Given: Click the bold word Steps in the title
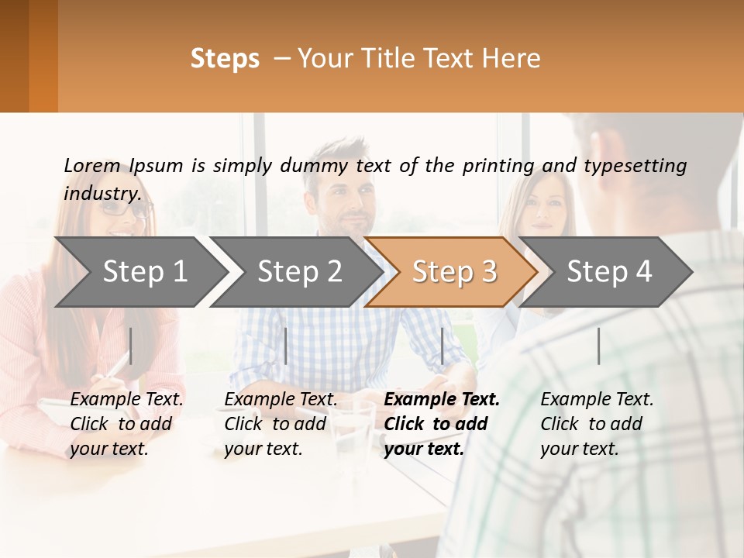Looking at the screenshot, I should pyautogui.click(x=225, y=58).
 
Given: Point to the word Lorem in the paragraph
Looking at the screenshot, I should pyautogui.click(x=91, y=165).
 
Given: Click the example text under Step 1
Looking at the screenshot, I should pyautogui.click(x=126, y=424).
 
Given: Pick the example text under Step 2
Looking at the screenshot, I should pyautogui.click(x=281, y=424).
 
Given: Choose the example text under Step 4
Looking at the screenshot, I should pyautogui.click(x=597, y=424).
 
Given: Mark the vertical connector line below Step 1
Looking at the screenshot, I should pyautogui.click(x=131, y=346).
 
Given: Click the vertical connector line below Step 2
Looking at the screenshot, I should pyautogui.click(x=286, y=346).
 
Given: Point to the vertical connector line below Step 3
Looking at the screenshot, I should pyautogui.click(x=442, y=346).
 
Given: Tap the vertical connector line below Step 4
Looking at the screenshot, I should pyautogui.click(x=598, y=346).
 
